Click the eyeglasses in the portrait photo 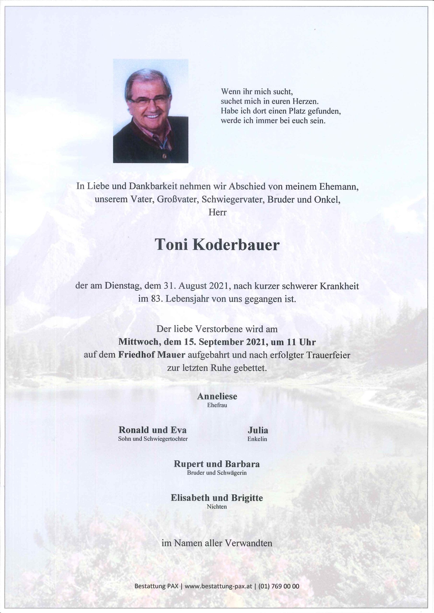click(149, 99)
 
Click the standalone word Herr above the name click(217, 213)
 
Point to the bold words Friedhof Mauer click(152, 355)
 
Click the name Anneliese click(217, 397)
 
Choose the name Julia click(258, 430)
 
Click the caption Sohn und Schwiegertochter click(153, 439)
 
